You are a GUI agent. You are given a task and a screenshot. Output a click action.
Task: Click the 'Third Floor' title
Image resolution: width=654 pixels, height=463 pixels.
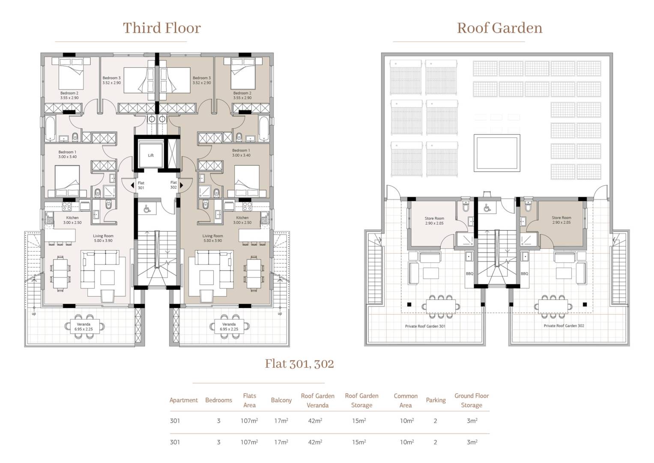161,28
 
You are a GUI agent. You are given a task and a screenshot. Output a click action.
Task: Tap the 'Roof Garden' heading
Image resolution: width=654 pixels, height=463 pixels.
499,28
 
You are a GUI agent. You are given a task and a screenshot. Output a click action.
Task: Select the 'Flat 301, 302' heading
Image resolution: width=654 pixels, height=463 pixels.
299,364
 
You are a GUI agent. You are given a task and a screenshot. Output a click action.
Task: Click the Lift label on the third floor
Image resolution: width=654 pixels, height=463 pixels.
151,155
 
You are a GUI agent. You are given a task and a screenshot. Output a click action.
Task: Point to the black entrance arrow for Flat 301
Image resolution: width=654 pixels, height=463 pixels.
132,185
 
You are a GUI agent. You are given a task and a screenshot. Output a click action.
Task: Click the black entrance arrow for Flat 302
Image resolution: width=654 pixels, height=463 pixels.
182,185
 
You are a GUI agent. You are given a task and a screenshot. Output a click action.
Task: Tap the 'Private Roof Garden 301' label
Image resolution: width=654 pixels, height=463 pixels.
425,326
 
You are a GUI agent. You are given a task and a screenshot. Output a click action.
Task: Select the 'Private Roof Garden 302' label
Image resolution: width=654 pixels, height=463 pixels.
564,326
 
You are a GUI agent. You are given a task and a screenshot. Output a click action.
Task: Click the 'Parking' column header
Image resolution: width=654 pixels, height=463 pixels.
436,400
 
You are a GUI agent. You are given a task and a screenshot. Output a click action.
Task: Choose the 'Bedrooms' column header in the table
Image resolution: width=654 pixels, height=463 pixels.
218,400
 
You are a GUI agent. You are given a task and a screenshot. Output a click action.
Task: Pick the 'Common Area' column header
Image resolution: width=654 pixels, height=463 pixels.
405,400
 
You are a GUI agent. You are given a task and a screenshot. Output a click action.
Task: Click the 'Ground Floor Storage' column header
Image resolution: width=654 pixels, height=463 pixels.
472,400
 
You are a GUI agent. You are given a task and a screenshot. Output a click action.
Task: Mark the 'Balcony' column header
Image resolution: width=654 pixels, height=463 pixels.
281,400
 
